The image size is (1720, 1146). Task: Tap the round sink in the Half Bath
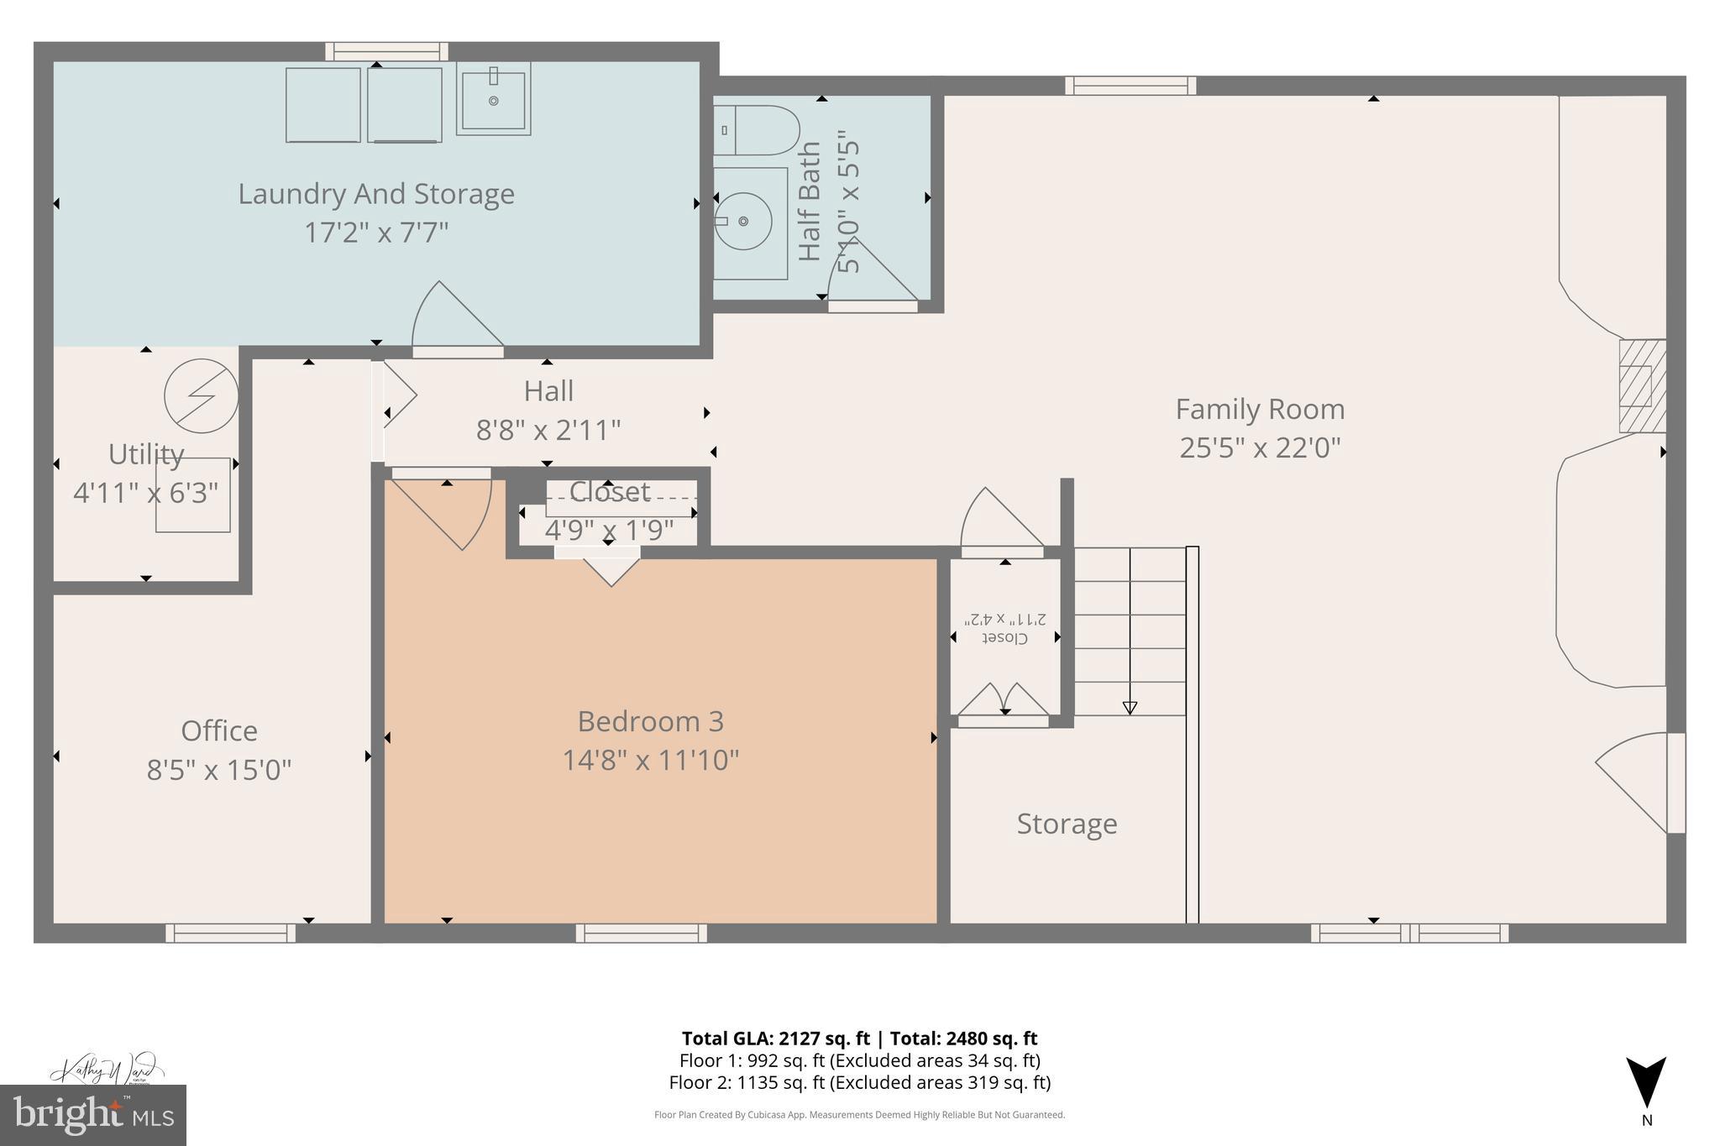coord(743,221)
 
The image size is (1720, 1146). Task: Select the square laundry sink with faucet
coord(494,99)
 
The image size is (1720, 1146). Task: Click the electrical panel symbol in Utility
coord(201,395)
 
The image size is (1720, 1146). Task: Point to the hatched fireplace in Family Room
coord(1642,386)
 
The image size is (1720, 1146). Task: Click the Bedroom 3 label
coord(650,721)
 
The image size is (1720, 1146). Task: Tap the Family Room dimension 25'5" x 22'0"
coord(1260,447)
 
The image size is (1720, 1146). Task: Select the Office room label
coord(219,730)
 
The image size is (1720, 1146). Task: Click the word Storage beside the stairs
coord(1067,824)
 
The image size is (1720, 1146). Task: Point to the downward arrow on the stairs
coord(1130,707)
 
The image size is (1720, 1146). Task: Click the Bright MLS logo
coord(93,1115)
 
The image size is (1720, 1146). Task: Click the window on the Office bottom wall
coord(230,933)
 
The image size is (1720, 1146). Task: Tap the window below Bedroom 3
coord(642,933)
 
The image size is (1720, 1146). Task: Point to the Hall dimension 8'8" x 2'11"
coord(548,430)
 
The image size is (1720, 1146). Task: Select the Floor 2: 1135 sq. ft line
coord(859,1082)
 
